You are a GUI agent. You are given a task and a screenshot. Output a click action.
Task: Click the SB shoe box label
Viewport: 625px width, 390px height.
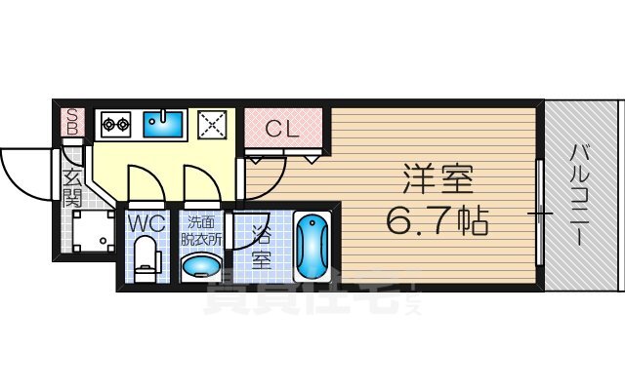coord(71,123)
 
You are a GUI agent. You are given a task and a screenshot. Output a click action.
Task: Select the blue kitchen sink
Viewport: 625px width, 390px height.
coord(163,124)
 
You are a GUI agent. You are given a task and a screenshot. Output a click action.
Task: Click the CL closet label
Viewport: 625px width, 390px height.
coord(283,127)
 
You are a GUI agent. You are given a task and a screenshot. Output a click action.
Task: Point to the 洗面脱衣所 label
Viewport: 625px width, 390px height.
coord(203,230)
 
